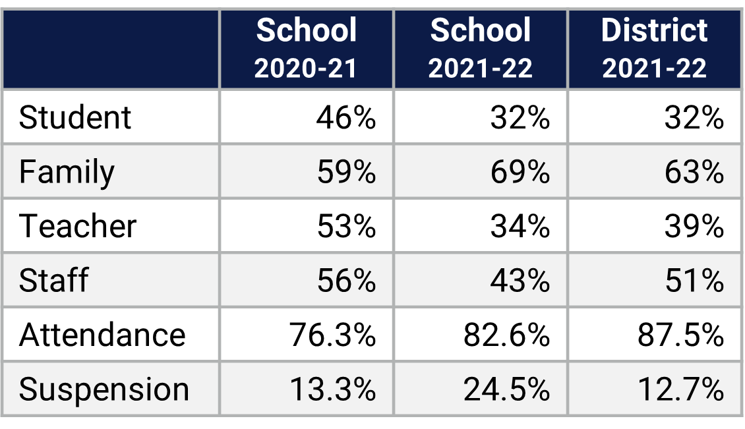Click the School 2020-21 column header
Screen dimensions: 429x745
click(307, 49)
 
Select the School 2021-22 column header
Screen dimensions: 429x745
click(481, 49)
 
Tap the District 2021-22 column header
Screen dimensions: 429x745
click(655, 49)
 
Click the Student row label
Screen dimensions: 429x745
click(75, 118)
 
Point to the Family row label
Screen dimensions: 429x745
click(67, 172)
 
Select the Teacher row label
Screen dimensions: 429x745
click(78, 226)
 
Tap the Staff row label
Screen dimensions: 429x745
click(53, 280)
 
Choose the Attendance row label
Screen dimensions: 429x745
click(102, 335)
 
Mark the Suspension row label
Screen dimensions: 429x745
click(104, 389)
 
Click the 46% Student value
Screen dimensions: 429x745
click(345, 118)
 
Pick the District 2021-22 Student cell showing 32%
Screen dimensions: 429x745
click(694, 118)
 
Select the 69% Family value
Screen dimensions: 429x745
click(520, 172)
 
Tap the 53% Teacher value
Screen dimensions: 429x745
click(345, 226)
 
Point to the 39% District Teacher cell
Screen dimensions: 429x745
click(694, 226)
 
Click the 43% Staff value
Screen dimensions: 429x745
click(520, 280)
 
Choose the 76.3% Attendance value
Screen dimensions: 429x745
click(332, 335)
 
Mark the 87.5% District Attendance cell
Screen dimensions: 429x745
click(680, 335)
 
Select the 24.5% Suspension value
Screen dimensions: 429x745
click(506, 389)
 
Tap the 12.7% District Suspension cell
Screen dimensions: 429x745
click(680, 389)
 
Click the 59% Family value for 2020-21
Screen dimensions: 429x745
click(345, 172)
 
